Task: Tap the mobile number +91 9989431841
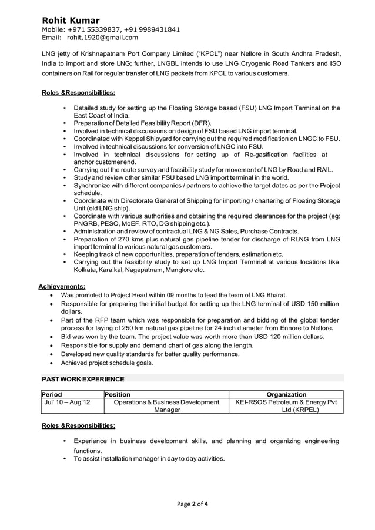[152, 29]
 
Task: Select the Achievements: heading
[62, 286]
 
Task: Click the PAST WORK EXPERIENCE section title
[83, 379]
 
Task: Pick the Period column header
[52, 394]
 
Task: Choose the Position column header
[117, 394]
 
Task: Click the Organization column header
[286, 394]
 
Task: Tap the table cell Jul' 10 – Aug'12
[67, 402]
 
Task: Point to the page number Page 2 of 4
[187, 504]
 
